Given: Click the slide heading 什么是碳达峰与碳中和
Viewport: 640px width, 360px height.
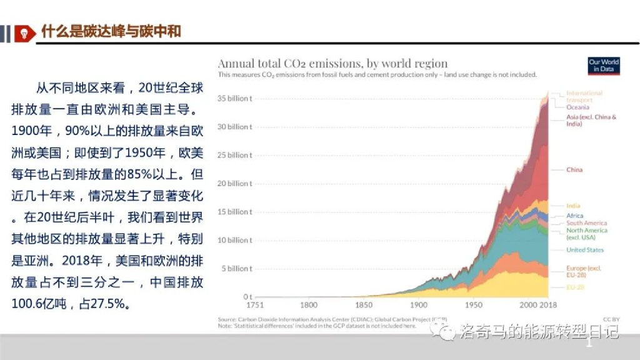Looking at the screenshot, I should [111, 31].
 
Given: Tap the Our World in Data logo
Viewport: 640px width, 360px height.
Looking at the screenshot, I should [604, 66].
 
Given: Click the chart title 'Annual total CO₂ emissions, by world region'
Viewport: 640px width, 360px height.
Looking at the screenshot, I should [332, 63].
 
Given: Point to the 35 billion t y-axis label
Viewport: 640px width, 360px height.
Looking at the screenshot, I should [234, 99].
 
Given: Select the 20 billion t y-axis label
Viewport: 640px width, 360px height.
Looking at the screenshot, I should [234, 184].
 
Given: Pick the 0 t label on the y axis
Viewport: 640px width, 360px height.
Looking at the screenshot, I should [247, 297].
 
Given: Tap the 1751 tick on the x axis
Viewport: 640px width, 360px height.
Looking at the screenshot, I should [254, 306].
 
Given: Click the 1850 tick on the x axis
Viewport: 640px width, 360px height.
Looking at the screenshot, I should [364, 306].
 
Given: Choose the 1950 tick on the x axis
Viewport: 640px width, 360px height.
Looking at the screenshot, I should [474, 306].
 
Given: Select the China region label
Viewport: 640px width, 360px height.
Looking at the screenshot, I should [574, 169].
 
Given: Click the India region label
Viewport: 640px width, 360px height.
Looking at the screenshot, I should [573, 206].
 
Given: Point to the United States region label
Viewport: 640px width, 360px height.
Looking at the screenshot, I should [585, 250].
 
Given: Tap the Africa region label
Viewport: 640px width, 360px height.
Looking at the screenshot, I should [574, 216].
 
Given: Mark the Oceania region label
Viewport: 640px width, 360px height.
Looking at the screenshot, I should [577, 107].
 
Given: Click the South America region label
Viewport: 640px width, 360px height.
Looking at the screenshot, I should [586, 223].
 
